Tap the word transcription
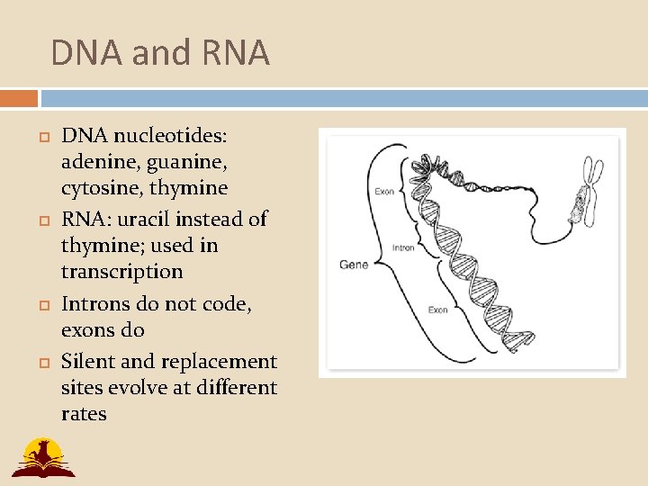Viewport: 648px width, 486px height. (x=121, y=272)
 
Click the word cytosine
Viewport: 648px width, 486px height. (x=98, y=189)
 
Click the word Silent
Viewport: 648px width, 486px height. (x=87, y=362)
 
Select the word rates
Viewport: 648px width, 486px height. (x=84, y=414)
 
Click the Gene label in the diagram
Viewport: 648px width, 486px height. (x=354, y=265)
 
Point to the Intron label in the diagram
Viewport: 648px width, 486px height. (x=403, y=247)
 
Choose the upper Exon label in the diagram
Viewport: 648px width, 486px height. (x=384, y=191)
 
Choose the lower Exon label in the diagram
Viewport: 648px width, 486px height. (x=437, y=310)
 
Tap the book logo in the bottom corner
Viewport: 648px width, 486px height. (x=42, y=457)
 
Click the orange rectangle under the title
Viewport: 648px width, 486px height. (x=19, y=98)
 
